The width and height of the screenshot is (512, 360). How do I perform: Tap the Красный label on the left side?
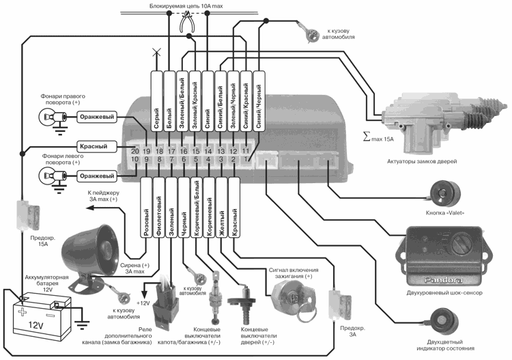click(94, 146)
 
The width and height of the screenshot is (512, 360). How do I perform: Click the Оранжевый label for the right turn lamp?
click(97, 117)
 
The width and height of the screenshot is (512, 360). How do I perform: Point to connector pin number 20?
click(135, 151)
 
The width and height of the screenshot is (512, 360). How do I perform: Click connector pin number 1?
click(246, 159)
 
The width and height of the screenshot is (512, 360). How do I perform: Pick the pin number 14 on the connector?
click(208, 151)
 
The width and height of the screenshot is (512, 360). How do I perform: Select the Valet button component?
click(445, 194)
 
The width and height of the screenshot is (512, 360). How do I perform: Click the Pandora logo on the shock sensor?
click(443, 280)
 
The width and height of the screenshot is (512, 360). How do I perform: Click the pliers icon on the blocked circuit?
click(187, 22)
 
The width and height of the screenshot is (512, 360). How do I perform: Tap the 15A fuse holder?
click(28, 215)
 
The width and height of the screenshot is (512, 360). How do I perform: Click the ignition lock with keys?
click(294, 298)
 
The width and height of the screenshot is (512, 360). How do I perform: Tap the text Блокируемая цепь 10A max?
click(186, 6)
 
